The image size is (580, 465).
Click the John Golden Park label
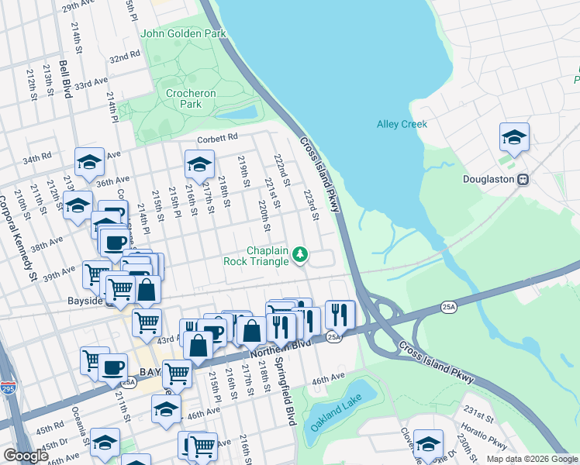(183, 33)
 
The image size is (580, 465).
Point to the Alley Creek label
(402, 124)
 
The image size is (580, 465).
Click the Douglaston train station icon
(523, 179)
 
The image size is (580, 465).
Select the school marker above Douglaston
(514, 138)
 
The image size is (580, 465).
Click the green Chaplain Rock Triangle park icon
(300, 255)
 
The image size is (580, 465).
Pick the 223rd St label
(312, 205)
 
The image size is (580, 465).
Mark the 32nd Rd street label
(124, 58)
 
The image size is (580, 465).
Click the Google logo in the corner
(26, 456)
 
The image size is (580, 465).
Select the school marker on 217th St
(199, 164)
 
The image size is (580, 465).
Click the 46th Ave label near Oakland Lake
(328, 380)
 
